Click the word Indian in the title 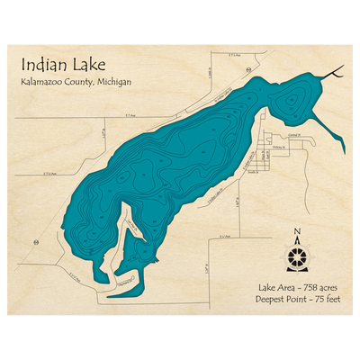[38, 64]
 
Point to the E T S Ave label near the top [236, 55]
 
